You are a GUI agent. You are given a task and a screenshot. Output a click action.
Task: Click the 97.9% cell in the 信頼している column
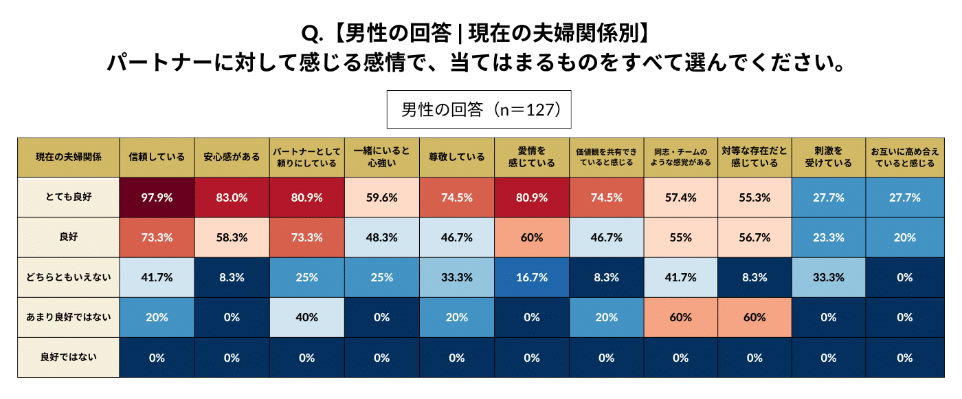click(x=157, y=197)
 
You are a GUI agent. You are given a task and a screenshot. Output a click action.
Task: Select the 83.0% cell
click(x=232, y=197)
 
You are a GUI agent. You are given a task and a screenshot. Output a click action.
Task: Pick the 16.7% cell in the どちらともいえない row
click(x=531, y=277)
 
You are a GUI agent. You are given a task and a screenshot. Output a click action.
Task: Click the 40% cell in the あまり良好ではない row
click(x=306, y=317)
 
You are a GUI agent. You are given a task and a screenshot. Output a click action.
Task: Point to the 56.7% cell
click(x=754, y=237)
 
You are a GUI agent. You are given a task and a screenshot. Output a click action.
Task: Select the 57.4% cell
click(x=680, y=197)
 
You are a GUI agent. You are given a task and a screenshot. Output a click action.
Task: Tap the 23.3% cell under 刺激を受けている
click(x=829, y=237)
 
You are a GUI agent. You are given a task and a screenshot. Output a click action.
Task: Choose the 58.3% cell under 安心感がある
click(x=232, y=237)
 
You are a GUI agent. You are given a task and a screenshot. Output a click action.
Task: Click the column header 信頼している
click(x=157, y=157)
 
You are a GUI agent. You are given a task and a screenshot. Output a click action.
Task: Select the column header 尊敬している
click(x=456, y=157)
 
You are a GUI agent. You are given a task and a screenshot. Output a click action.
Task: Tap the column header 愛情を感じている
click(x=531, y=157)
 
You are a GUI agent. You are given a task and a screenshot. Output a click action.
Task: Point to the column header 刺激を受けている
click(x=829, y=157)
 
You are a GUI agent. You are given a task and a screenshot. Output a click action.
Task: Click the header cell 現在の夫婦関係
click(x=68, y=157)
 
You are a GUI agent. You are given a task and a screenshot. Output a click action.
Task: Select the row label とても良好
click(x=68, y=197)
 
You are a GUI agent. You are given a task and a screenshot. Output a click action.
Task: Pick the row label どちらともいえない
click(x=68, y=277)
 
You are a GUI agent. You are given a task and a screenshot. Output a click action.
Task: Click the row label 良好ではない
click(x=68, y=357)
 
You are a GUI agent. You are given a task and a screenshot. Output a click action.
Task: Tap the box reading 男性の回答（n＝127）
click(x=480, y=109)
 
